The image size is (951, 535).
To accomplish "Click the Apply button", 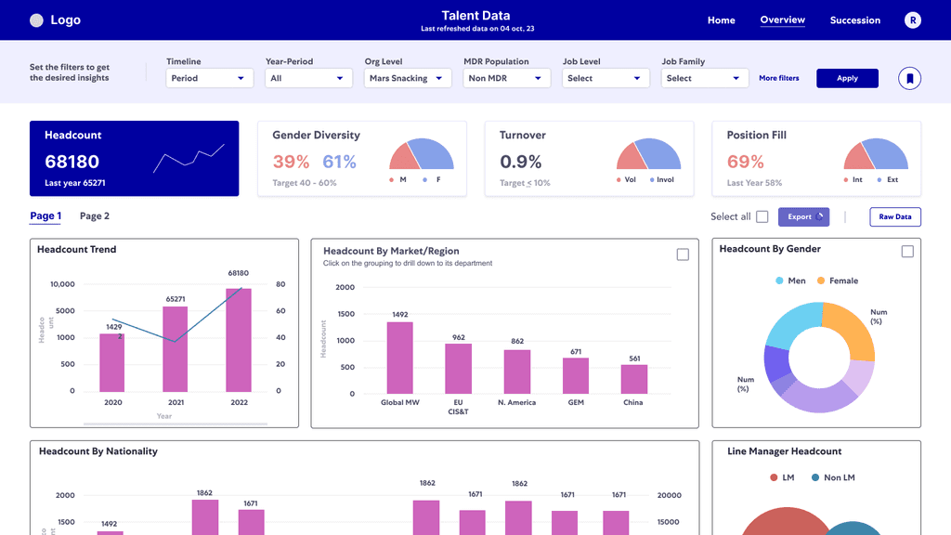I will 847,78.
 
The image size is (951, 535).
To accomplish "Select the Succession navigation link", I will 854,20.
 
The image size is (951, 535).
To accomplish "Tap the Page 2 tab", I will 95,216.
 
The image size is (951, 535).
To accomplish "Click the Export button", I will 803,217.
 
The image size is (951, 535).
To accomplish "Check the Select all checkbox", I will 762,217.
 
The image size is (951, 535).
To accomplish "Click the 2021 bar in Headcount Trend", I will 176,348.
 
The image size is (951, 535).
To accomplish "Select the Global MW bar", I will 400,358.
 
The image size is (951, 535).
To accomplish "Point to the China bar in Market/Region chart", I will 634,379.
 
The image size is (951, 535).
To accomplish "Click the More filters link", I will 778,78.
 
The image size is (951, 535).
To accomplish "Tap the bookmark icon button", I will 909,78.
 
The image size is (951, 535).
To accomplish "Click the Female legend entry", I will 838,281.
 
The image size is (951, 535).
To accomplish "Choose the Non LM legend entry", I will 833,477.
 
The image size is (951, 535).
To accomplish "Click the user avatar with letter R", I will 913,20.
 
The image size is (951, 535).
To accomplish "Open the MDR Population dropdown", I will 508,78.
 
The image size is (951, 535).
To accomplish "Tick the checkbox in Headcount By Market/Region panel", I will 683,254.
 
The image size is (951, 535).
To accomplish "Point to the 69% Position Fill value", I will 746,162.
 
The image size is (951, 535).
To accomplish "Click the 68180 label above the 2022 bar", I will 239,273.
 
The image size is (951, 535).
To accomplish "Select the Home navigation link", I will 721,20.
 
